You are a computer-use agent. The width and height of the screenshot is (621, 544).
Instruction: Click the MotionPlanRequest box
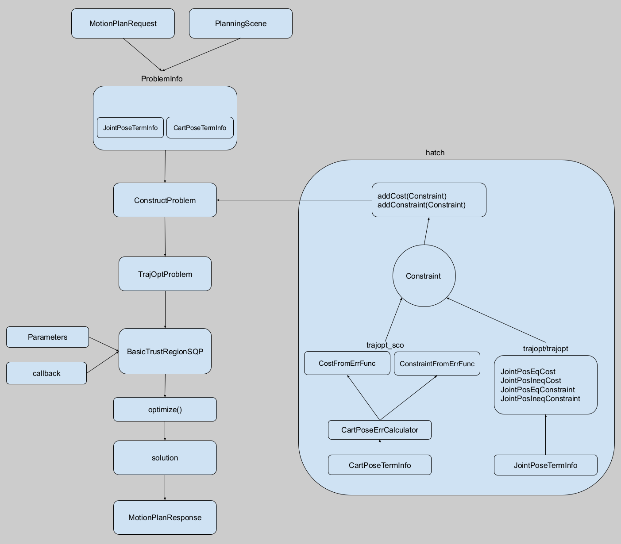tap(123, 23)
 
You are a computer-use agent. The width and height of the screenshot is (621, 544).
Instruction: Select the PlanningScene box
tap(241, 23)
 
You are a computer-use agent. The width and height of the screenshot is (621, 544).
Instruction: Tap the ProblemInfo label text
tap(162, 79)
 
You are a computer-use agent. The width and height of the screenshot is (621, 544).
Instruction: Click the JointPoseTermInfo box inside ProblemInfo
tap(130, 127)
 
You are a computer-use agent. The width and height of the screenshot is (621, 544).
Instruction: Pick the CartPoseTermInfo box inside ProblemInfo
tap(200, 127)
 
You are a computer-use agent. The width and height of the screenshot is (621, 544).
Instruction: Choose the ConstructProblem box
tap(165, 200)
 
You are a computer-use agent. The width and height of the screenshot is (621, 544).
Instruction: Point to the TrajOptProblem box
tap(165, 274)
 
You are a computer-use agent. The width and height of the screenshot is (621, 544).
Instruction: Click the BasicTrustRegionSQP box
tap(165, 351)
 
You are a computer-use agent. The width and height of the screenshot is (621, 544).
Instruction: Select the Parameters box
tap(47, 337)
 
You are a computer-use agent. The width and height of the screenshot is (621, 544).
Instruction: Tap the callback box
tap(46, 373)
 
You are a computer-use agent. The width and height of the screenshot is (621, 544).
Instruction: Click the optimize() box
tap(165, 409)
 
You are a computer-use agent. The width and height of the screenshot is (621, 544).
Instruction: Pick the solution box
tap(165, 458)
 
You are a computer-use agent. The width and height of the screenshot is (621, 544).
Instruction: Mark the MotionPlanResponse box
tap(165, 517)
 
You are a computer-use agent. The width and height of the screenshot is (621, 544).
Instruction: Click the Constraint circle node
tap(424, 276)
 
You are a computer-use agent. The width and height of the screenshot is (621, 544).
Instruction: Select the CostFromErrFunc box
tap(347, 363)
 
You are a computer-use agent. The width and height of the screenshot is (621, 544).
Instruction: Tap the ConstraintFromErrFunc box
tap(437, 364)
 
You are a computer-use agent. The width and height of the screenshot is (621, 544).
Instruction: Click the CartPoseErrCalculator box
tap(380, 430)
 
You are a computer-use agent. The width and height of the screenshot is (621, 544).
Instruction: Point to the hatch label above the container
tap(435, 153)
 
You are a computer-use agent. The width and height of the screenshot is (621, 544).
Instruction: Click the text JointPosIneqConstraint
tap(540, 398)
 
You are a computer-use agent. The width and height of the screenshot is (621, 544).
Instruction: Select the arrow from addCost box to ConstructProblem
tap(294, 200)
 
